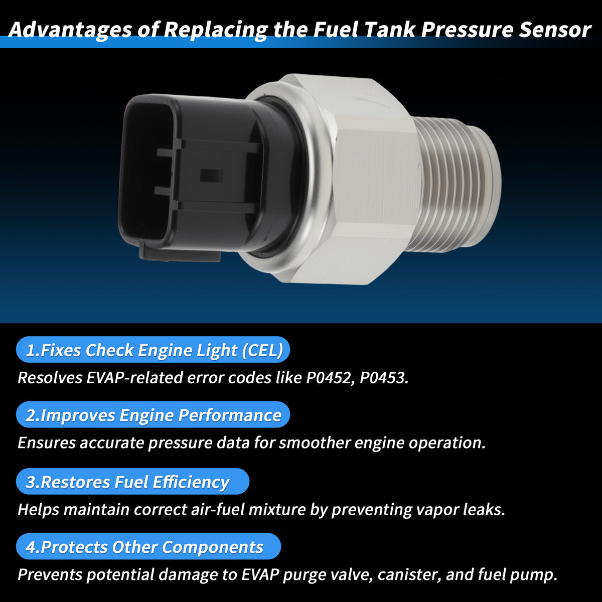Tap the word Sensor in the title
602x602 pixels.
(554, 30)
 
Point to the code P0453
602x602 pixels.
(384, 378)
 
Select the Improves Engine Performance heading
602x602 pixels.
(153, 415)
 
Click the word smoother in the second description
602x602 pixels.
(315, 443)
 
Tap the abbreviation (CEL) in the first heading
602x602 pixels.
(263, 350)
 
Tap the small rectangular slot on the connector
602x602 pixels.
(211, 176)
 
